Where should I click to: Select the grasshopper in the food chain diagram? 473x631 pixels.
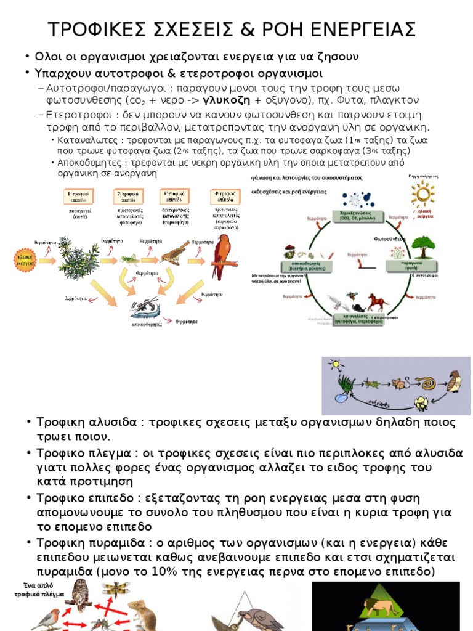coord(129,257)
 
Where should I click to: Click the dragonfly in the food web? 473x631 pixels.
coord(116,590)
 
